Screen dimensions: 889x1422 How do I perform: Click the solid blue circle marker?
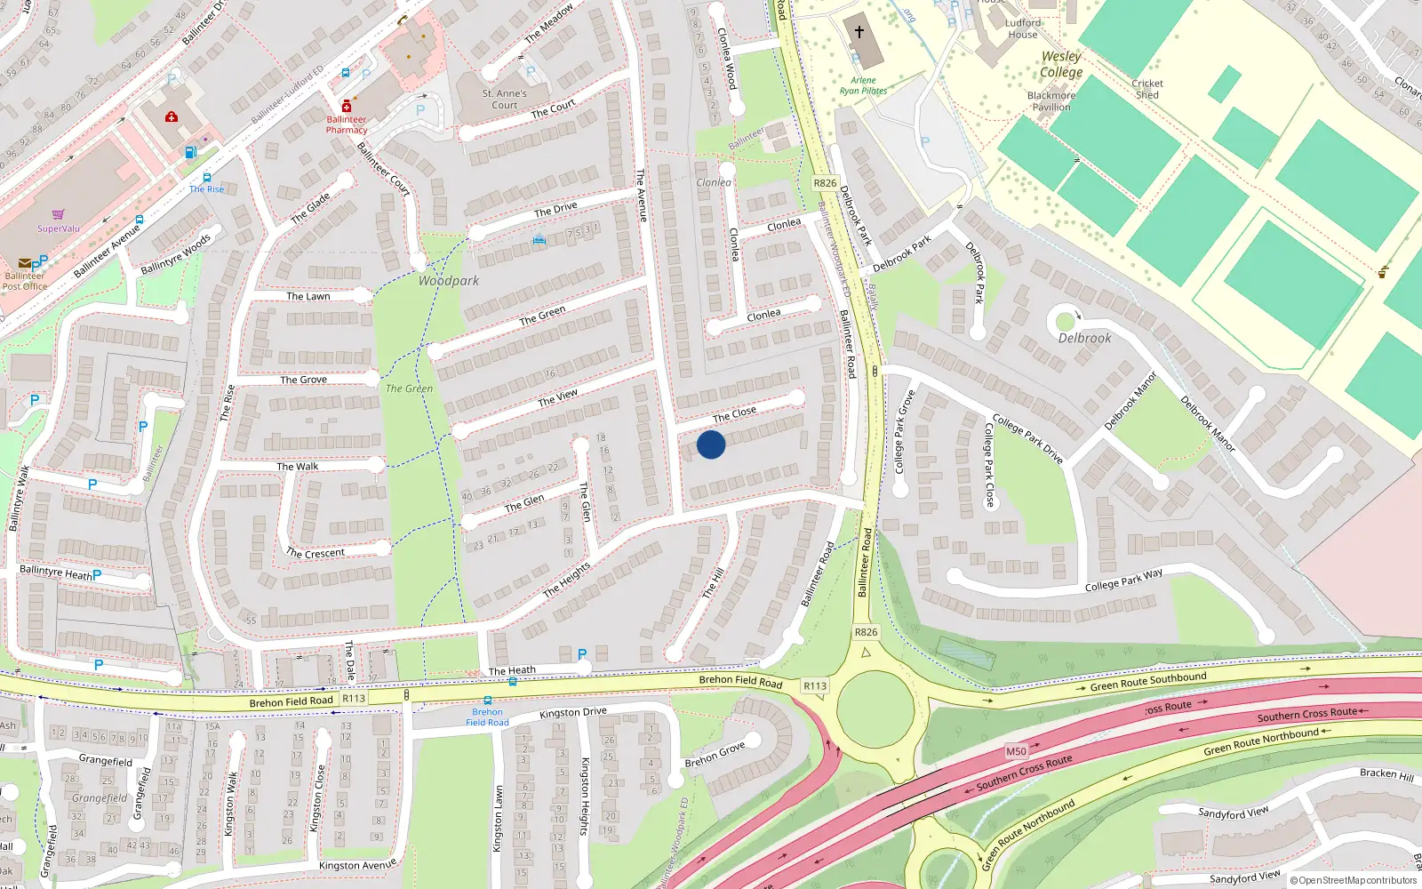click(711, 444)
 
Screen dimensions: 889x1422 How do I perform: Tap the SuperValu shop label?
click(58, 228)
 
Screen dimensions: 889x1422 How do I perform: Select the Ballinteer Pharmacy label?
click(346, 124)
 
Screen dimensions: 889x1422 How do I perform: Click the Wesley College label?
click(1061, 64)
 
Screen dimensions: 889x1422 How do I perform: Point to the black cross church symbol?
click(859, 32)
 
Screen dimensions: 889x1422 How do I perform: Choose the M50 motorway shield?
click(1016, 751)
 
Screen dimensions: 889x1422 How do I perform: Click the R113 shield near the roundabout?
click(814, 685)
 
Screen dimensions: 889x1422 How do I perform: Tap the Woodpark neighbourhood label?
click(448, 281)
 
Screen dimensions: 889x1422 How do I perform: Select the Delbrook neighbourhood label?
click(1084, 338)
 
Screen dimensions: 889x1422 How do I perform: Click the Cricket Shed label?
click(1147, 89)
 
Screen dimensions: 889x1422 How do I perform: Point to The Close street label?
click(734, 413)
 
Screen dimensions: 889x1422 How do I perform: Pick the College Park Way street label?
click(1123, 581)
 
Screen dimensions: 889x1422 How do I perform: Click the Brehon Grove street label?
click(715, 755)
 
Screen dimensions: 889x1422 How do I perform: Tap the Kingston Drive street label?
click(572, 712)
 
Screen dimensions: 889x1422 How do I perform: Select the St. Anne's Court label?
click(504, 99)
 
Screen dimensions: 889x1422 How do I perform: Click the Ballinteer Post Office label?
click(24, 281)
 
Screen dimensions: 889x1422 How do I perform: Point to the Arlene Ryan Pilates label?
click(863, 85)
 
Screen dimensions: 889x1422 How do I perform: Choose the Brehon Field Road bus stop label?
click(487, 717)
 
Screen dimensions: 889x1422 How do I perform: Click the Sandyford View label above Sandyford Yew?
click(1233, 813)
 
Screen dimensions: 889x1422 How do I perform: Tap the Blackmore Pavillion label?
click(1051, 101)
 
